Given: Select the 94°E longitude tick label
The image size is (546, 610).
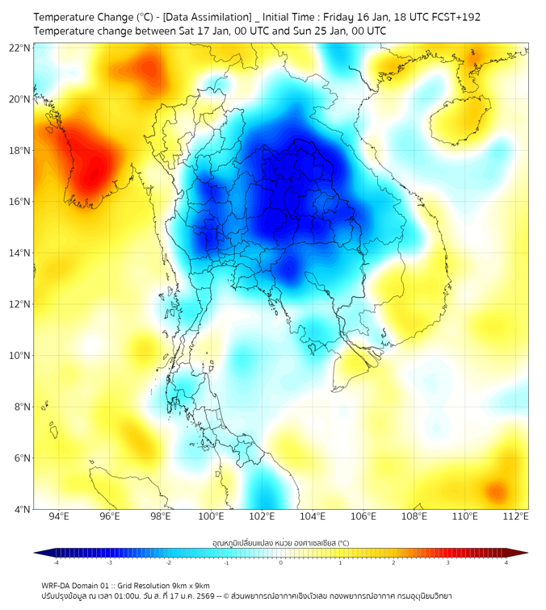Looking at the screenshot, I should (59, 516).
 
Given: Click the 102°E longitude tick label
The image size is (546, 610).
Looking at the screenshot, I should (262, 516).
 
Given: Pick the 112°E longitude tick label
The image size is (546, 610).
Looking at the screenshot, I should (515, 516).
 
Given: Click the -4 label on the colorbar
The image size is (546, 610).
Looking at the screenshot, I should (56, 562).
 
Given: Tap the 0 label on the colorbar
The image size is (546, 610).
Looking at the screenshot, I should (281, 562).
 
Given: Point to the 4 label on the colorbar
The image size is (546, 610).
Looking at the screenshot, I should (506, 562).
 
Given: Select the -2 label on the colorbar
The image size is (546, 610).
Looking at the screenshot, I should (168, 562).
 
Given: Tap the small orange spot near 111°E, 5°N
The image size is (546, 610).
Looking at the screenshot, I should (495, 490).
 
